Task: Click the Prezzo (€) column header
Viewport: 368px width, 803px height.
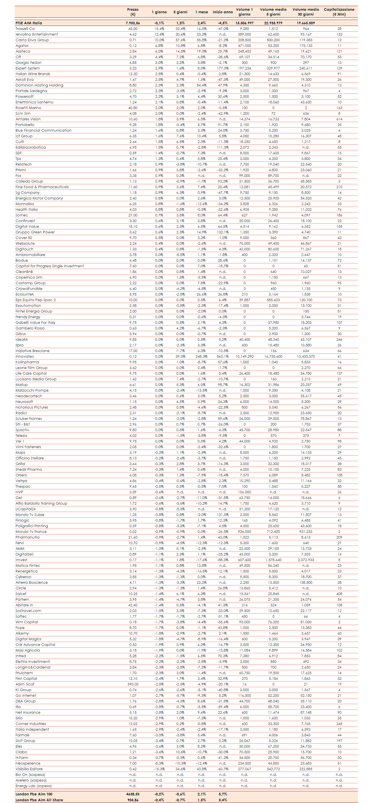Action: tap(133, 12)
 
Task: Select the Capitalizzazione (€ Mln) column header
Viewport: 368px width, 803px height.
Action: tap(339, 12)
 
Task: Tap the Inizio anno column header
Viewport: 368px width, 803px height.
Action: tap(223, 12)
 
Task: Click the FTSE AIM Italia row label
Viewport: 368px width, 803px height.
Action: tap(29, 23)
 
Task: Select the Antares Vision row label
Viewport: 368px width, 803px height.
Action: tap(28, 119)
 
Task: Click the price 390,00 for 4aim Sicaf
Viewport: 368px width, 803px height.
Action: tap(133, 684)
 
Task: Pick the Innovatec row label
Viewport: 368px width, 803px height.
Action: tap(25, 357)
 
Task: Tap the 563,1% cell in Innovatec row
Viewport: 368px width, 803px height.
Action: tap(223, 357)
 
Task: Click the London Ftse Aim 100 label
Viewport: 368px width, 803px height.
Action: tap(34, 794)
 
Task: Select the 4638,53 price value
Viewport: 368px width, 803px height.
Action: tap(133, 794)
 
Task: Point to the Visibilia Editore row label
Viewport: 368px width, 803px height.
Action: tap(29, 769)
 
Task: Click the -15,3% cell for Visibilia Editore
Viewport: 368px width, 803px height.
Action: tap(159, 769)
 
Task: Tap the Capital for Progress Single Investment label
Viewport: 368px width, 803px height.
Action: tap(49, 266)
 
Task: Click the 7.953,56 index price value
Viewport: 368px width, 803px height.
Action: tap(133, 23)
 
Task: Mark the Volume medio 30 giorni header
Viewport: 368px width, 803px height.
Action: tap(306, 12)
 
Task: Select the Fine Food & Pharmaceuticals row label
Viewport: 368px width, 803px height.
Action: tap(42, 187)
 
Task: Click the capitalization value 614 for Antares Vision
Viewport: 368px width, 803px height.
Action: tap(339, 119)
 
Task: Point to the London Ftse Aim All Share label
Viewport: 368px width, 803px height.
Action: tap(39, 800)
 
